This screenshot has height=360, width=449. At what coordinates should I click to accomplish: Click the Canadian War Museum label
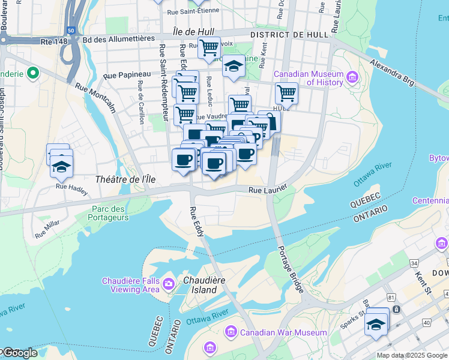[283, 332]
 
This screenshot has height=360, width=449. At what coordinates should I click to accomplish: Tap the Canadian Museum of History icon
[351, 78]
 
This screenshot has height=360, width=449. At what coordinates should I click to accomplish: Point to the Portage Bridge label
[291, 269]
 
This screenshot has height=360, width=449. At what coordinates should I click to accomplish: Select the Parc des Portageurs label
[110, 213]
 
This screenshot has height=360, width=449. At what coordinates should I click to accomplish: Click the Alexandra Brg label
[393, 71]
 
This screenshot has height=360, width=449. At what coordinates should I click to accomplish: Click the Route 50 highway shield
[71, 30]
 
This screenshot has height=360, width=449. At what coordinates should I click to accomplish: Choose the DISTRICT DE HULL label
[289, 35]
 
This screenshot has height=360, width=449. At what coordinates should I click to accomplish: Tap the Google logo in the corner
[19, 353]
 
